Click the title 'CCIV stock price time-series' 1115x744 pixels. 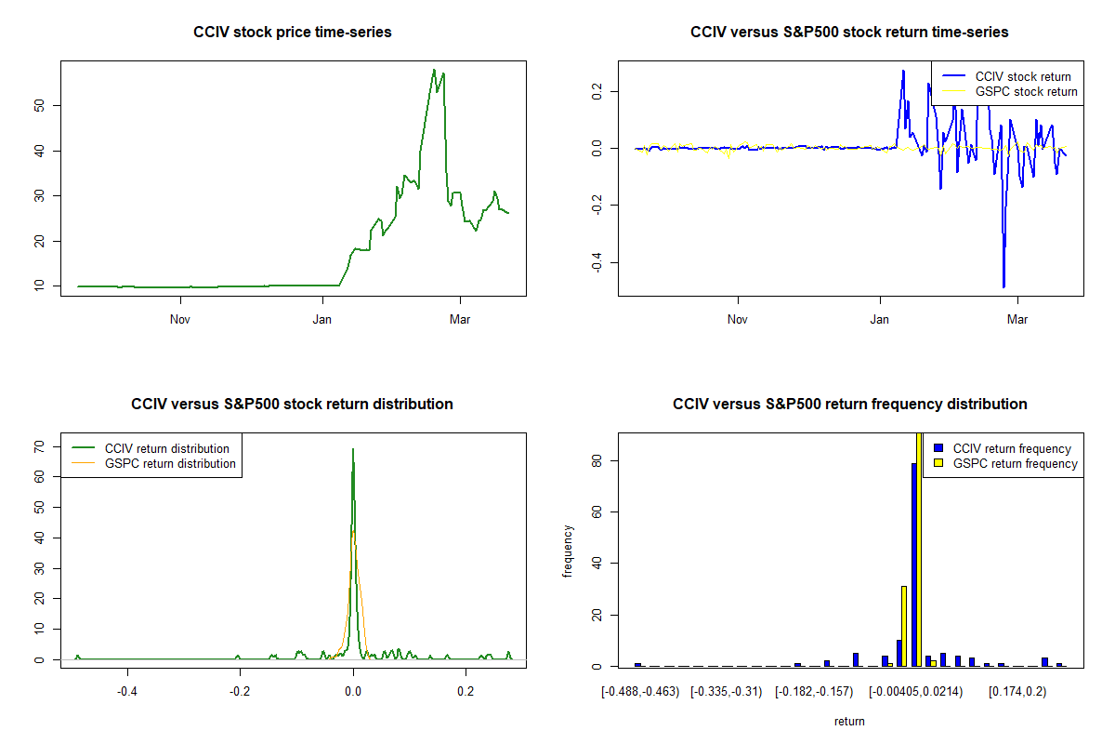point(293,33)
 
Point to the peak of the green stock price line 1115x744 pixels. point(434,70)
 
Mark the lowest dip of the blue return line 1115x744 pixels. point(1003,286)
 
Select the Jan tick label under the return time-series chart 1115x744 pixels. point(880,320)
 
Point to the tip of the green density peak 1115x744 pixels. point(353,449)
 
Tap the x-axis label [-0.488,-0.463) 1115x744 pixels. point(640,691)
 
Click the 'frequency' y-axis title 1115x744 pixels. point(568,551)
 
